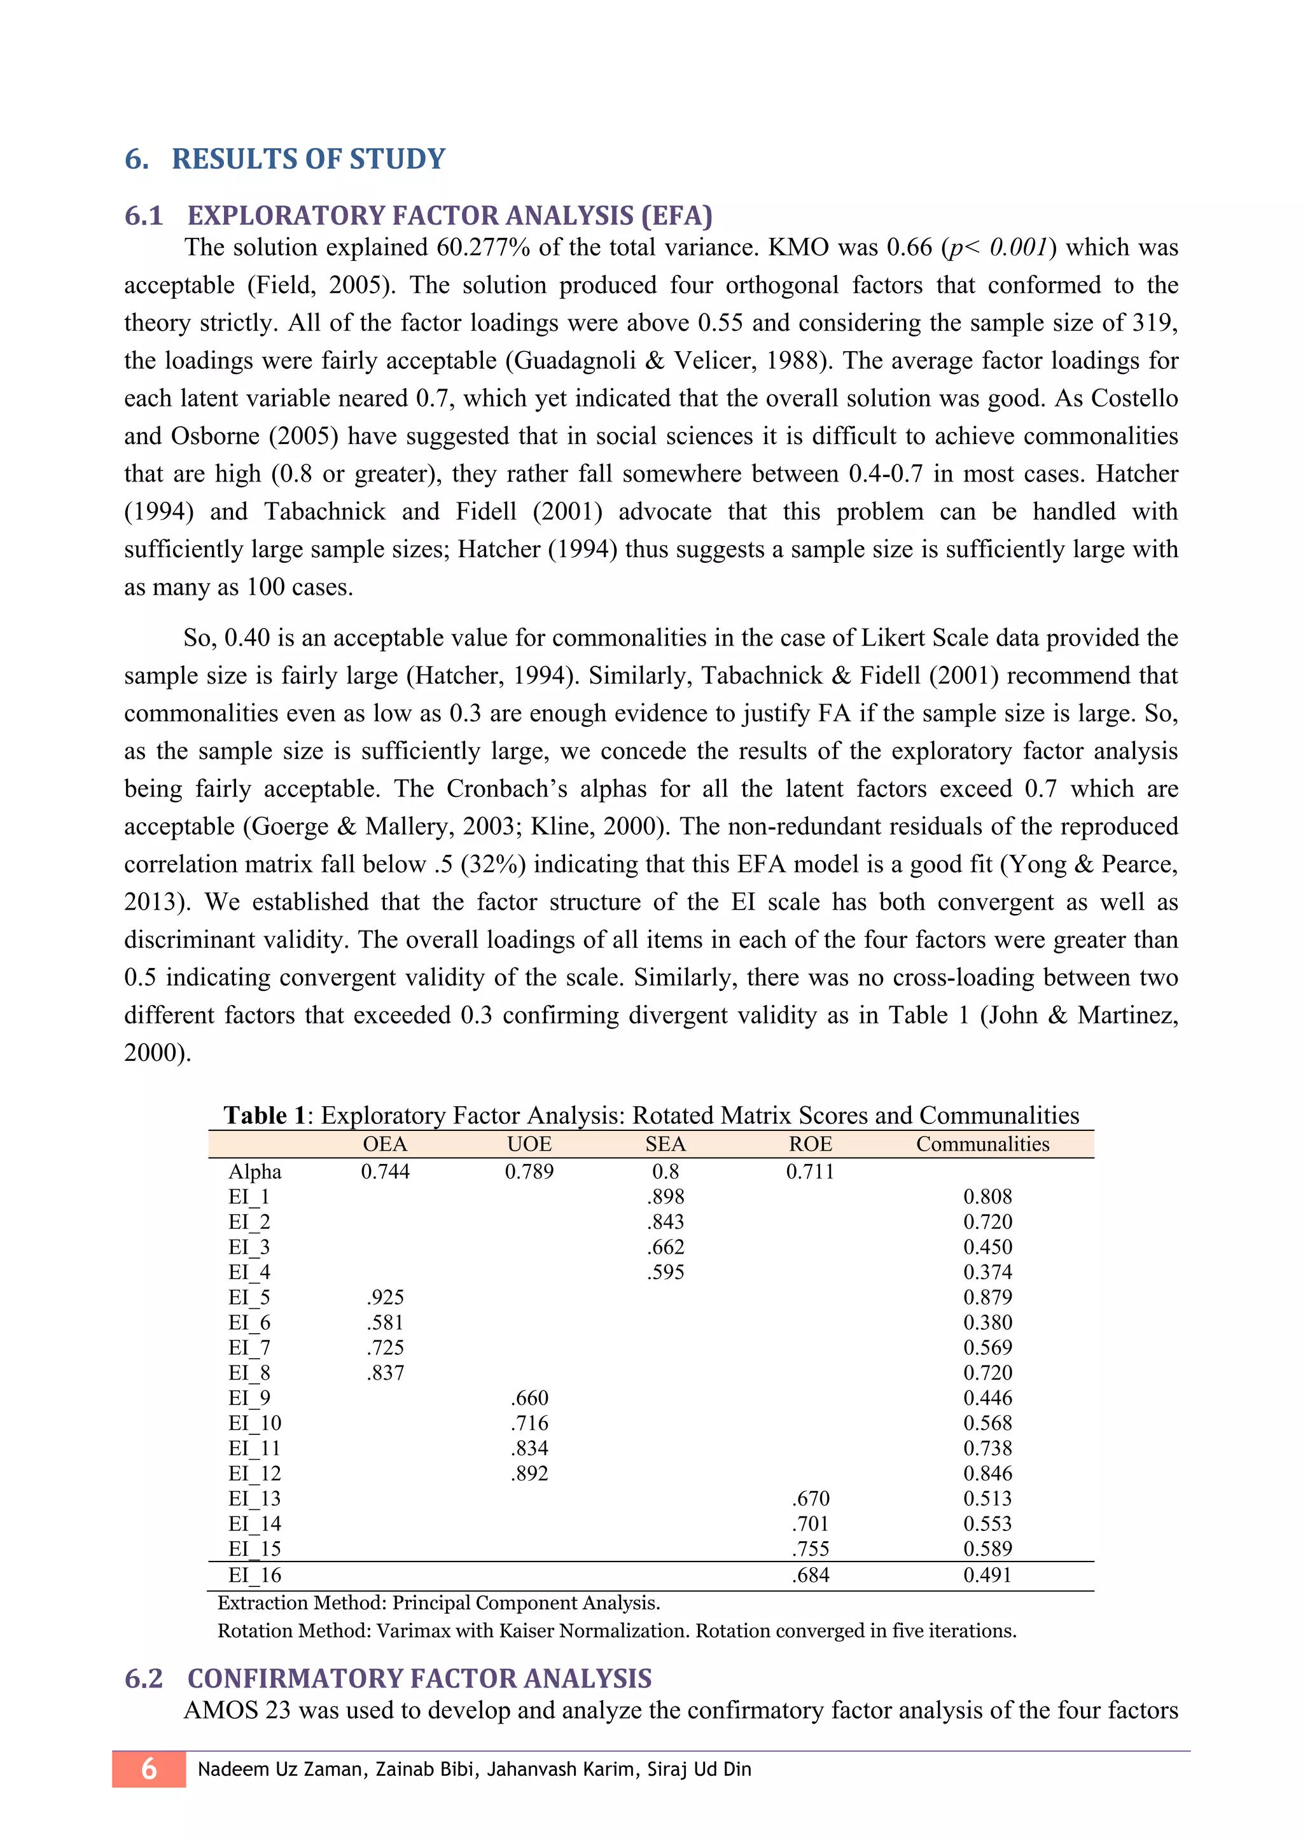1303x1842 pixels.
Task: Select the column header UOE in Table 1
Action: point(529,1144)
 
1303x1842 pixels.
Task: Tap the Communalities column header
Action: point(982,1144)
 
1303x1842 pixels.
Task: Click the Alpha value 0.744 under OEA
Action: point(385,1172)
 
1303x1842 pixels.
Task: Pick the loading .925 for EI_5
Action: point(385,1298)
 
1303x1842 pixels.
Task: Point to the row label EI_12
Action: point(254,1473)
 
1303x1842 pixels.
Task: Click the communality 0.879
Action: point(987,1298)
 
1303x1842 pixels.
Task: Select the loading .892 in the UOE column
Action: point(529,1473)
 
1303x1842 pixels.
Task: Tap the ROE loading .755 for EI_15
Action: point(811,1548)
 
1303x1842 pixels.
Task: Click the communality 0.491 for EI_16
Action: point(987,1575)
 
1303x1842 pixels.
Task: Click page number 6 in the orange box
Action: point(150,1769)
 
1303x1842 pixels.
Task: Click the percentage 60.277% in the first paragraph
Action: point(483,247)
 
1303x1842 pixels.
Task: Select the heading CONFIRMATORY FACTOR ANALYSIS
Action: point(419,1679)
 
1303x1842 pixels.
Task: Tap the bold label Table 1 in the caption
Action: point(265,1115)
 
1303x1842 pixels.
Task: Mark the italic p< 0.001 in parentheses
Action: point(998,247)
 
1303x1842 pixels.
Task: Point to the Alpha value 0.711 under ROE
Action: point(811,1172)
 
